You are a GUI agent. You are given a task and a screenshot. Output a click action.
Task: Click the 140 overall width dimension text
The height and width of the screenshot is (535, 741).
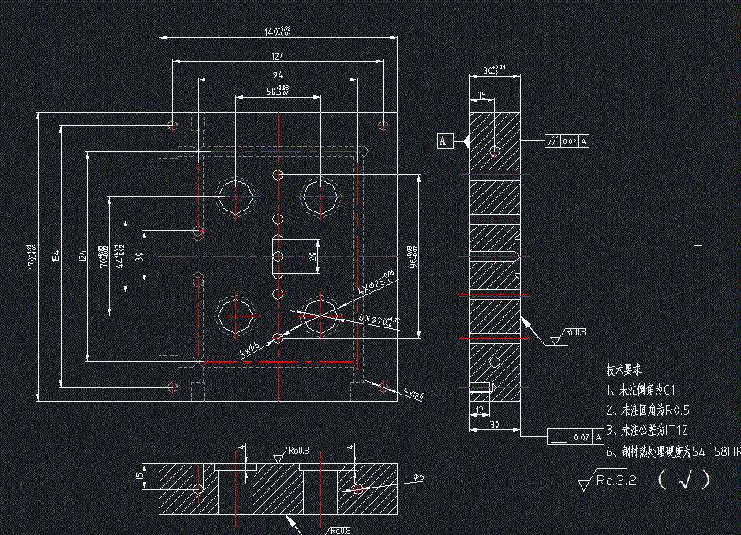(x=277, y=32)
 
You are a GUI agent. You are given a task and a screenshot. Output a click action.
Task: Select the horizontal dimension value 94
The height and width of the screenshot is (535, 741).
(x=277, y=74)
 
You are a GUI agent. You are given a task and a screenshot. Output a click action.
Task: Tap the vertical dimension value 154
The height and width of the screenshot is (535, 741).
(x=56, y=256)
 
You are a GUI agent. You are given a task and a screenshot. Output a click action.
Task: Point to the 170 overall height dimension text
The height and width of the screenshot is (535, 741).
(x=32, y=256)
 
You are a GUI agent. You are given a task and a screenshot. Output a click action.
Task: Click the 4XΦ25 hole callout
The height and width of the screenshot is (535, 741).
(x=376, y=285)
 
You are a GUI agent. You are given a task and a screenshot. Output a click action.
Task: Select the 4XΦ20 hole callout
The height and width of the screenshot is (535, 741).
(x=379, y=319)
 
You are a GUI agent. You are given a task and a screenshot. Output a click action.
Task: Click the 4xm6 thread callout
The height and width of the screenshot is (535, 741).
(x=413, y=392)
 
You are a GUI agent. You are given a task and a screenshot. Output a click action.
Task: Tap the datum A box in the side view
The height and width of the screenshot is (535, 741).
(x=444, y=141)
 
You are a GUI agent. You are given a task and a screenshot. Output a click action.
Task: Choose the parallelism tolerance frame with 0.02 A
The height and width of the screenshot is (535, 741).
(x=567, y=141)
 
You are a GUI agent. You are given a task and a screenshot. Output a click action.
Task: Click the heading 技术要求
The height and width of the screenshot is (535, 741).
(x=623, y=369)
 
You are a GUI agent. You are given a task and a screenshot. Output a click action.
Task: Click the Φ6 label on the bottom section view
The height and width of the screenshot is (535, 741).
(x=419, y=477)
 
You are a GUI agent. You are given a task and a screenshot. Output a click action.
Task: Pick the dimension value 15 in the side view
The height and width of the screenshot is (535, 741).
(x=481, y=95)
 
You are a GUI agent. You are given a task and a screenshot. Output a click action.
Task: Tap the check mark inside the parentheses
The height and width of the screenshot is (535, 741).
(x=683, y=480)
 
